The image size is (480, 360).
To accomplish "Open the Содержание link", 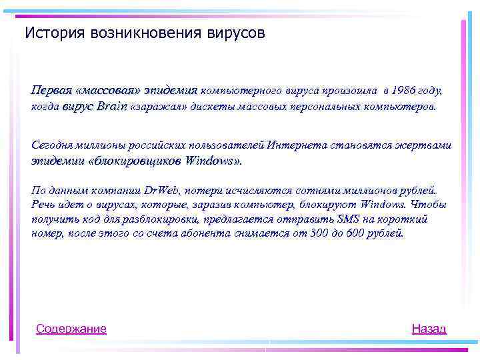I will click(71, 328).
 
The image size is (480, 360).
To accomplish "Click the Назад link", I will click(429, 328).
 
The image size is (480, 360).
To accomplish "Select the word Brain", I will click(113, 106).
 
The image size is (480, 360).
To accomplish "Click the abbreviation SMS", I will click(348, 219).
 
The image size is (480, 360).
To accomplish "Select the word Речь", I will click(44, 205).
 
